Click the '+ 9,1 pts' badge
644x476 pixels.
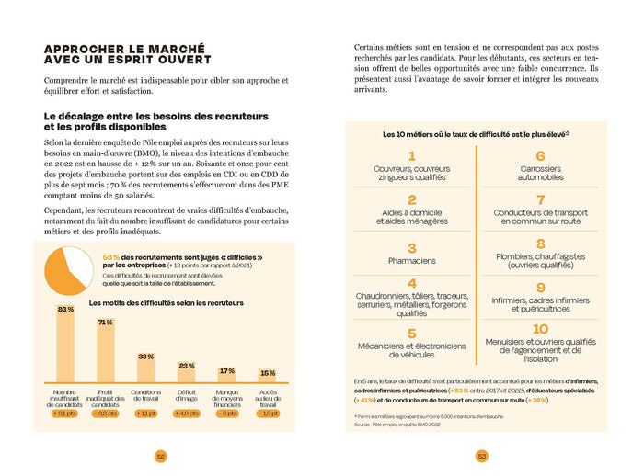pyautogui.click(x=65, y=414)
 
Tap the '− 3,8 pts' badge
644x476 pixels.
pyautogui.click(x=105, y=414)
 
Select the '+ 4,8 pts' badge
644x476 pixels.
pyautogui.click(x=187, y=414)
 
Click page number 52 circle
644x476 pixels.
pyautogui.click(x=160, y=456)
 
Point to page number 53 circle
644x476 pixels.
pyautogui.click(x=482, y=456)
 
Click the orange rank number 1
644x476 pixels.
pyautogui.click(x=411, y=156)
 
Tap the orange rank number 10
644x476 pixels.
pyautogui.click(x=540, y=329)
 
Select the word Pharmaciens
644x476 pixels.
pyautogui.click(x=411, y=261)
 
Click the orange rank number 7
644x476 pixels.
pyautogui.click(x=540, y=199)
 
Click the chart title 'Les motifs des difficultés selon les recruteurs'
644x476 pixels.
pyautogui.click(x=167, y=302)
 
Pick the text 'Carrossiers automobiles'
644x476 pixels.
pyautogui.click(x=540, y=173)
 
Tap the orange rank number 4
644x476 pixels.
pyautogui.click(x=411, y=283)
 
